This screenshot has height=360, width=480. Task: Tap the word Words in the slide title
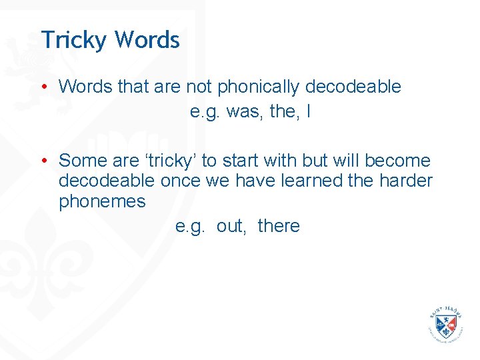click(147, 40)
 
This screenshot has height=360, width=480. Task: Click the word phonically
click(259, 87)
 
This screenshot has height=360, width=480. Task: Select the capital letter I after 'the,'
click(307, 112)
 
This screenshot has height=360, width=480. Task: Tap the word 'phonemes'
click(102, 201)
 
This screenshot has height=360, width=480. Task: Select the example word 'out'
click(231, 226)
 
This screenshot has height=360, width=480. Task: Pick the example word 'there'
click(279, 226)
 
